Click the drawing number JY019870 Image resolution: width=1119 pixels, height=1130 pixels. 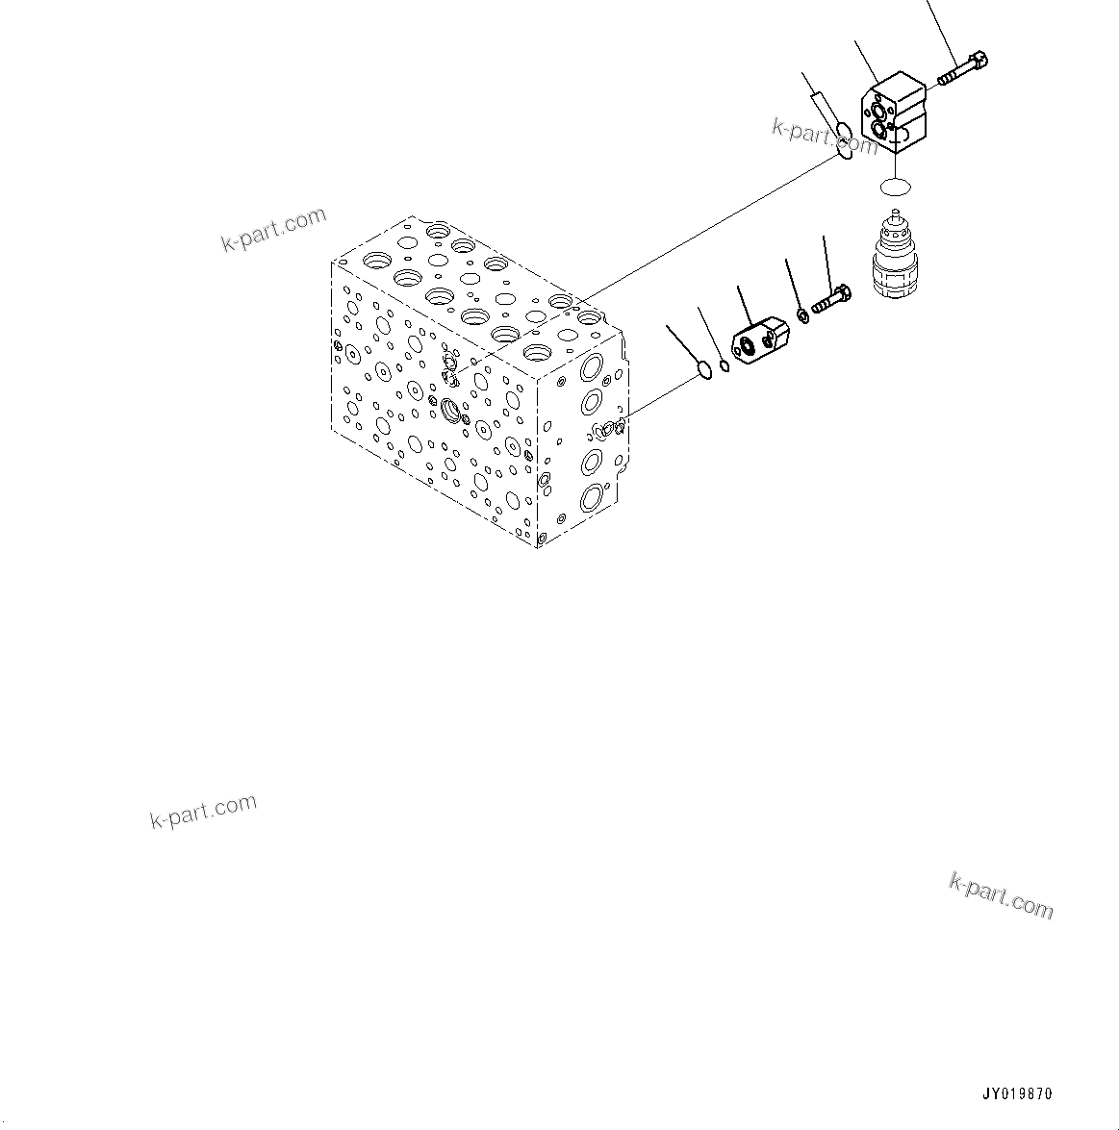(x=1017, y=1094)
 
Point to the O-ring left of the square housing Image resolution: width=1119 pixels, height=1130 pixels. (x=843, y=140)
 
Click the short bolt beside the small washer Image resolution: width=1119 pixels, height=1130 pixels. (x=830, y=299)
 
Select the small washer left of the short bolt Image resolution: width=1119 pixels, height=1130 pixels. (x=801, y=314)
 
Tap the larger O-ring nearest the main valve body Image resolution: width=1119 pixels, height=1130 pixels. (x=704, y=371)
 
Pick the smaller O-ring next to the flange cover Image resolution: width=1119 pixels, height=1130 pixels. (x=724, y=363)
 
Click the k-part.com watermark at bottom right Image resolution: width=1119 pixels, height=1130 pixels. (x=1001, y=895)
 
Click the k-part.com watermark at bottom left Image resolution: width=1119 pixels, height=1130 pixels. (x=203, y=811)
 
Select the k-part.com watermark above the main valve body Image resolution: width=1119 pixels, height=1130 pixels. (x=274, y=231)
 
